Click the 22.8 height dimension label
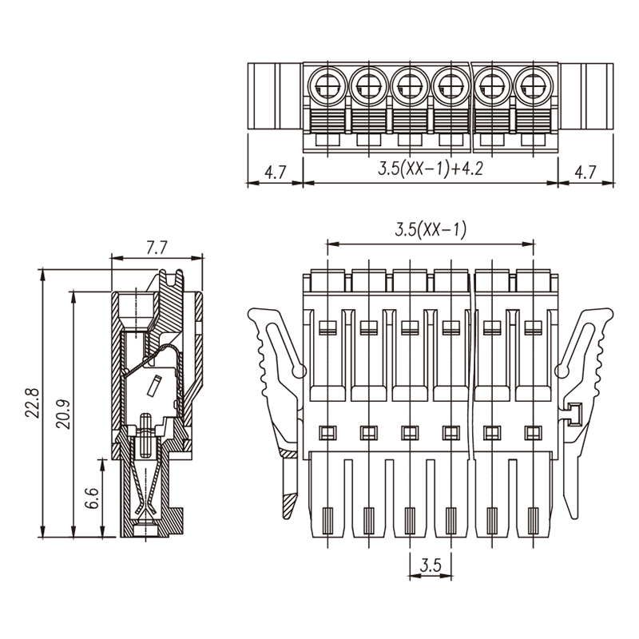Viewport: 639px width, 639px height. click(x=32, y=403)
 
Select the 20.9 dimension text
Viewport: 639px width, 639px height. click(x=63, y=414)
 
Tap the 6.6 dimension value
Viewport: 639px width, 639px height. click(x=93, y=498)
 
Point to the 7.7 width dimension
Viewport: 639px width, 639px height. click(x=157, y=248)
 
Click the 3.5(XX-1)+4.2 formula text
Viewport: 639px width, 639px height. click(x=431, y=168)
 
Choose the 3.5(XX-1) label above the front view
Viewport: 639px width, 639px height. click(x=431, y=230)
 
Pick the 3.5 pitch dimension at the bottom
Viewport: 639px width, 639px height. click(x=431, y=566)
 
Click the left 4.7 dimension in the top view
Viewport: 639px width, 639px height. click(x=276, y=172)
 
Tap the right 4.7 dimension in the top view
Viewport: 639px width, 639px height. click(x=585, y=172)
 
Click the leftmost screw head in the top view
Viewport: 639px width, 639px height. click(x=327, y=86)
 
